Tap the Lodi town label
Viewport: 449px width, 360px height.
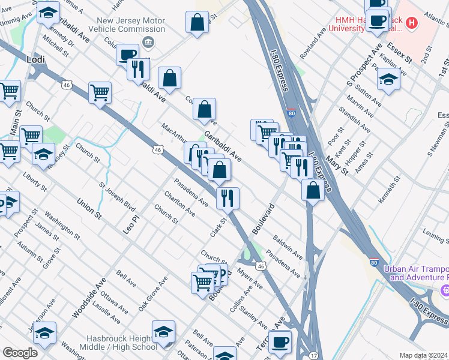[x=36, y=59]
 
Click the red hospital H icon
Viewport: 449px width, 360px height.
[x=411, y=23]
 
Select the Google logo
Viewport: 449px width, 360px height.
[x=20, y=352]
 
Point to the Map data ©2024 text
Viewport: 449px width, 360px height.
[x=423, y=355]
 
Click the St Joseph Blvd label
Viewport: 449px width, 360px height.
[x=117, y=195]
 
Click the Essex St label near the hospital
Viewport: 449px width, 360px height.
[x=399, y=52]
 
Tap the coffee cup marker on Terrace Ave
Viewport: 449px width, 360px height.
[x=280, y=342]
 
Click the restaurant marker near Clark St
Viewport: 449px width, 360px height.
[x=228, y=198]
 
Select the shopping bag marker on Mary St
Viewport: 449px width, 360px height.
[x=313, y=191]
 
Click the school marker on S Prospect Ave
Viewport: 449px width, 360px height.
[x=388, y=81]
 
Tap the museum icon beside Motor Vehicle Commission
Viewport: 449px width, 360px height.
[x=147, y=42]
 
